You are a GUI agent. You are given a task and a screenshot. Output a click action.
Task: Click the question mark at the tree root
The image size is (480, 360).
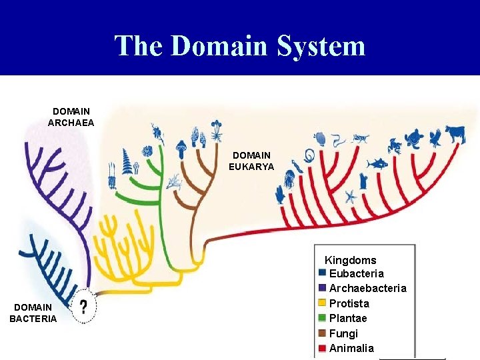tap(83, 307)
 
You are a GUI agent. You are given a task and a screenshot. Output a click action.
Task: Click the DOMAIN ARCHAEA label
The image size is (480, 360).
tap(71, 117)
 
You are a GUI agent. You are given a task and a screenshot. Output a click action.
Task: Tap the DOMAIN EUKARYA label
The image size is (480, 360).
tap(251, 161)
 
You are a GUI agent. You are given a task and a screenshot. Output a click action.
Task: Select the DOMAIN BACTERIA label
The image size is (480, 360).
tap(33, 313)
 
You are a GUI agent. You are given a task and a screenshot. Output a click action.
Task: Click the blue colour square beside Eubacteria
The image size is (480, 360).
tap(323, 273)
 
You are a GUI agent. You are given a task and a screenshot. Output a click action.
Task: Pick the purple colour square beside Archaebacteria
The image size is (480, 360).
tap(323, 288)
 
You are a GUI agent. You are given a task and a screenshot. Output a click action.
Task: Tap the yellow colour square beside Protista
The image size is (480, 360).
tap(323, 303)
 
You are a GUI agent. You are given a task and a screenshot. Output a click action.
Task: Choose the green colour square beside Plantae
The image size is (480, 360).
tap(323, 318)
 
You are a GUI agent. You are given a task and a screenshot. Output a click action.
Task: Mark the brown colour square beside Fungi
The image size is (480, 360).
tap(323, 333)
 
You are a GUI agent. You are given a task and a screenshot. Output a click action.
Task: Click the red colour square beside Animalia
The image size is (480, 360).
tap(323, 347)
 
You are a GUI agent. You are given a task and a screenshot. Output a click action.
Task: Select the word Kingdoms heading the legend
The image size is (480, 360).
tap(351, 260)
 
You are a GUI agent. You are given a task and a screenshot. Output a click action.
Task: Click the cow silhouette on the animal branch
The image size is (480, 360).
tap(456, 133)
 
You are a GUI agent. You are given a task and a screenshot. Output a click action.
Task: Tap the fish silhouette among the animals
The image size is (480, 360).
tap(377, 163)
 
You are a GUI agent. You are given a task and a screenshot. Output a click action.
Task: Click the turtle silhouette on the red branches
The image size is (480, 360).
tap(413, 138)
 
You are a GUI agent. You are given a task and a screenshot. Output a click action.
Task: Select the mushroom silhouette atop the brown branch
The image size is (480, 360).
tap(181, 148)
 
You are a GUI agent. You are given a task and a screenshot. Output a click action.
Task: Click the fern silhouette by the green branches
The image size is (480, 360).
tap(127, 161)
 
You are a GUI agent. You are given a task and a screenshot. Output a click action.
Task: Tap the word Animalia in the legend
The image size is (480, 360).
tap(351, 348)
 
